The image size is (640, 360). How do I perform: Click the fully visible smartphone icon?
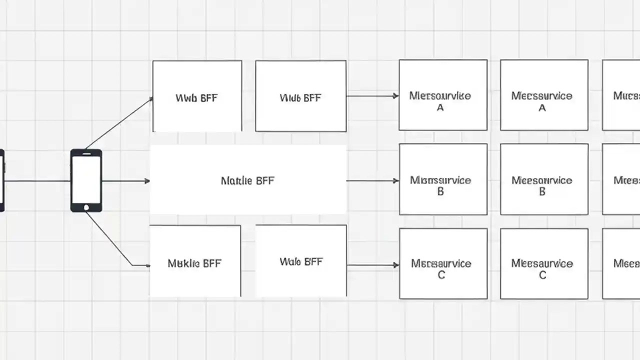(86, 180)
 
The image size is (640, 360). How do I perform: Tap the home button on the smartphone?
(86, 207)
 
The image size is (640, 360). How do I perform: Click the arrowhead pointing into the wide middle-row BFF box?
(147, 180)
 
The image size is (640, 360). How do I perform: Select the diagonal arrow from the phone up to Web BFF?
(119, 123)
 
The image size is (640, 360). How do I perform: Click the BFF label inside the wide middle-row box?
(247, 180)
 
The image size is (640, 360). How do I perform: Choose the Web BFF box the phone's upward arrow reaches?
(197, 96)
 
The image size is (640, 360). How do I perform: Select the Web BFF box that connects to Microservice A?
(300, 96)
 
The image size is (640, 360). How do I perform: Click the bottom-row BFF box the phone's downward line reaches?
(195, 261)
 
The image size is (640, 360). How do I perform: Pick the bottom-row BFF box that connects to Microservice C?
(301, 261)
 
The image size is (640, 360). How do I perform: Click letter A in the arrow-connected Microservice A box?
(440, 107)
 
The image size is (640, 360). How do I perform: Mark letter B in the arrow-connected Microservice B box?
(440, 191)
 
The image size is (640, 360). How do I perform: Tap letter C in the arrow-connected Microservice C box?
(441, 275)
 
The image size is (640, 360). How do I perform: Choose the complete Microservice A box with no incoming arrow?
(544, 95)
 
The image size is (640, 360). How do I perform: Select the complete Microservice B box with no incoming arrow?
(544, 179)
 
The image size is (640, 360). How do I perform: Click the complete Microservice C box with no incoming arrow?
(544, 263)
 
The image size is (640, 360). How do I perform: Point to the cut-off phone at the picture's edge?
(1, 180)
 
